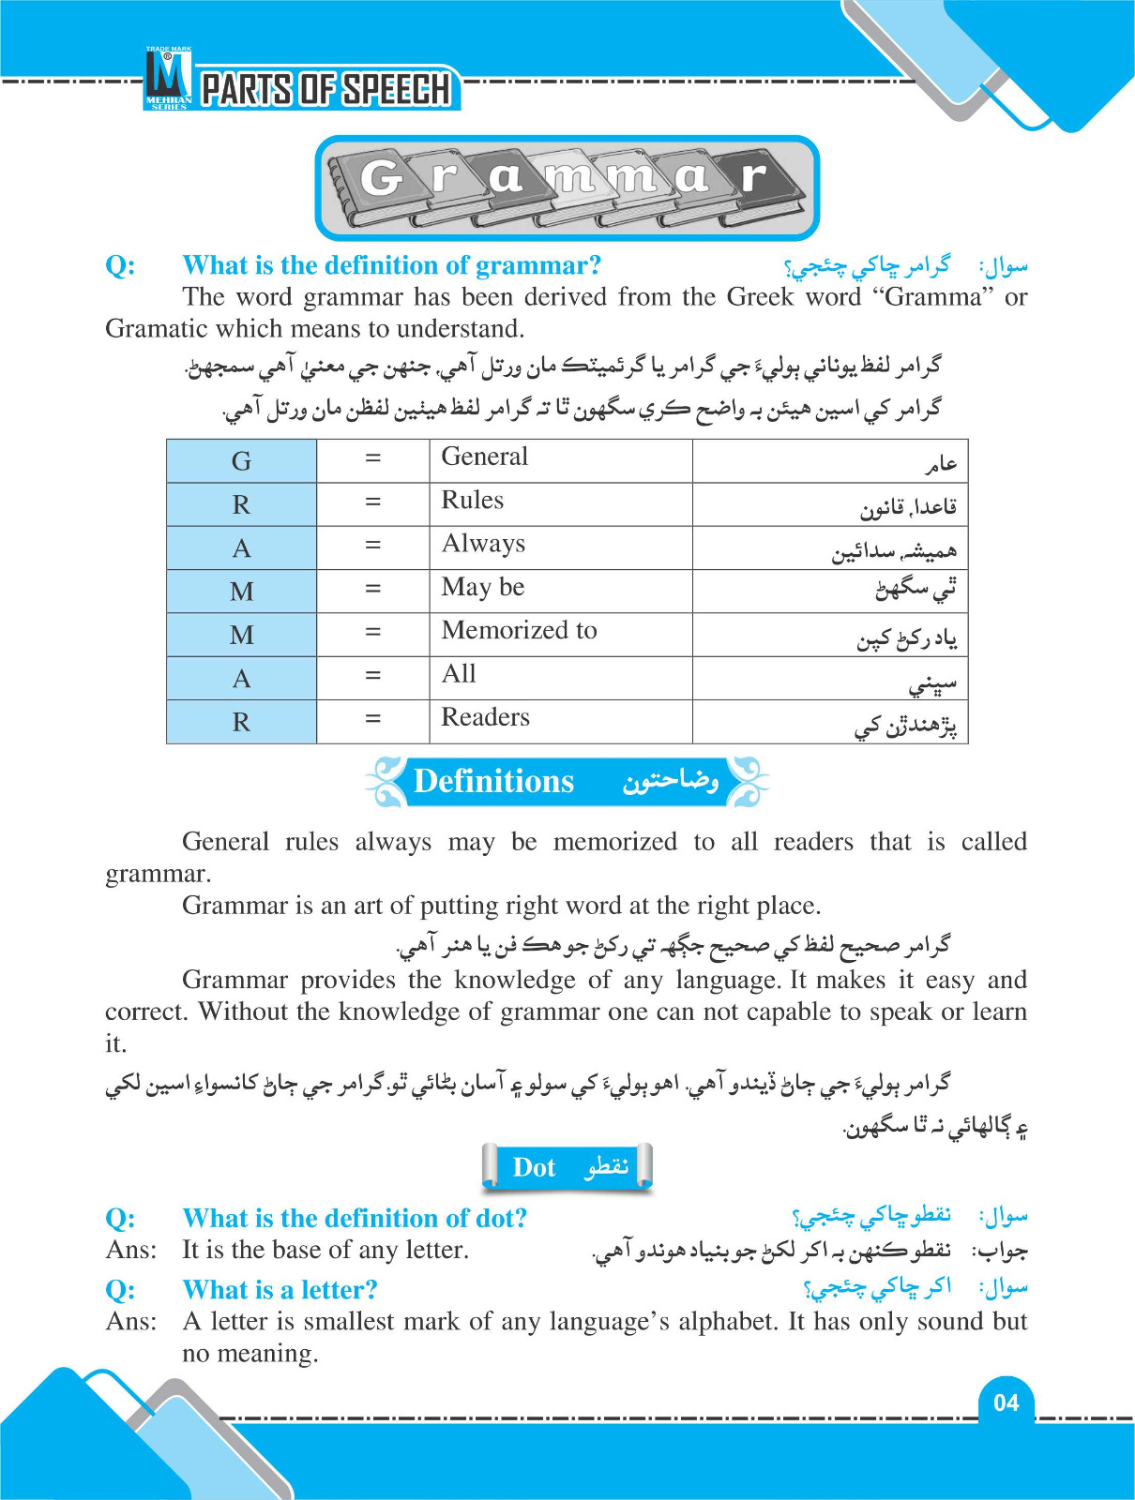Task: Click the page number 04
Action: click(1006, 1402)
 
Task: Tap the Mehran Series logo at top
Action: click(169, 79)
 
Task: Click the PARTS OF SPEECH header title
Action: click(326, 90)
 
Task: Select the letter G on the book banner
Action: click(379, 178)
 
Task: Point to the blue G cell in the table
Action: click(241, 461)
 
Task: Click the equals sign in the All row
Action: click(373, 676)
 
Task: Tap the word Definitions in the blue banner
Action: click(493, 781)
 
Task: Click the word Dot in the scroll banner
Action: click(534, 1167)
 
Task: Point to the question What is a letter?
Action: click(280, 1290)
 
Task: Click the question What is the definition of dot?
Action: click(355, 1219)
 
